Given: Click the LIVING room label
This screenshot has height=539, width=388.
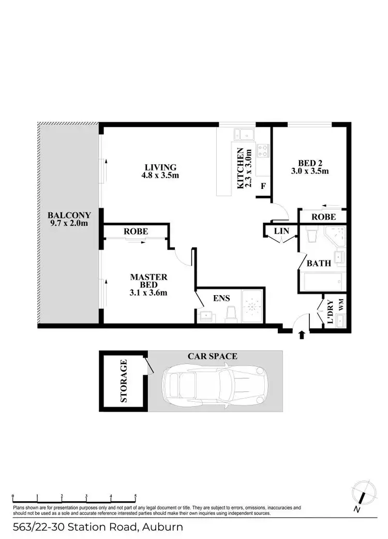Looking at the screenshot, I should pos(161,167).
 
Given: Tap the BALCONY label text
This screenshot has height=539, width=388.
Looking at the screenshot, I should pos(69,215).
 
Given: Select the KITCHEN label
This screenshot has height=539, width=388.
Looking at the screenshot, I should pos(241,169).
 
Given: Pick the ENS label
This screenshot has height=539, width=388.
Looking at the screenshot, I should pos(221,298).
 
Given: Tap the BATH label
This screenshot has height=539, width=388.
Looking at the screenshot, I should pos(319,263).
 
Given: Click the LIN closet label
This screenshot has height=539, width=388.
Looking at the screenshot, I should pos(281,231).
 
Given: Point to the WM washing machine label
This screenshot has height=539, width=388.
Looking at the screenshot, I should pos(340,305).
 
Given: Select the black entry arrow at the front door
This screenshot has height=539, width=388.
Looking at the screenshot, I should pos(302,336).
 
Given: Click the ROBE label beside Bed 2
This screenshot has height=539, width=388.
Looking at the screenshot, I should pos(323,216).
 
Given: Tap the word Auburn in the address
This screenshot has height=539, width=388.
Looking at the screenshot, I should pos(161,528).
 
